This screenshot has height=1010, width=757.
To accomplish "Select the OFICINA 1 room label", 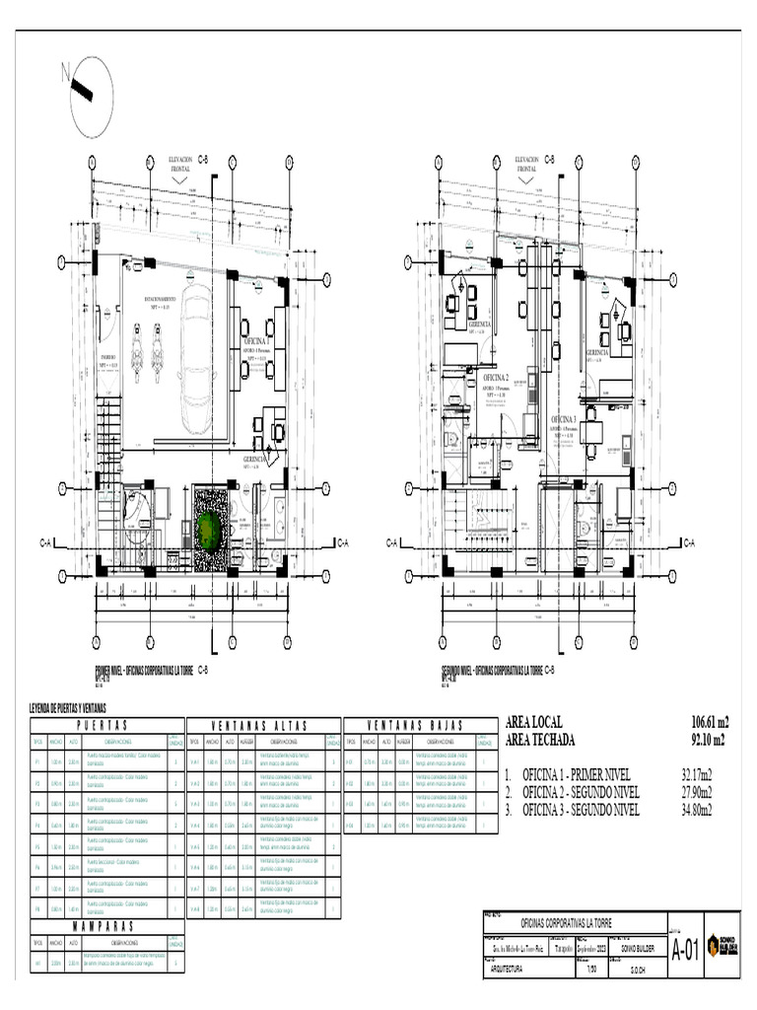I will pos(256,340).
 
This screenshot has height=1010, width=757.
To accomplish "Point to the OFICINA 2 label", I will pos(496,378).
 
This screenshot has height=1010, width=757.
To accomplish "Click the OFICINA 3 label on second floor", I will pos(569,419).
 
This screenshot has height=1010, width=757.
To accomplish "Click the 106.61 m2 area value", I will pos(709,722).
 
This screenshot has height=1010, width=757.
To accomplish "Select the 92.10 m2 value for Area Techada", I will pos(709,739).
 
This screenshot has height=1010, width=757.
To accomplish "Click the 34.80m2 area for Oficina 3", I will pos(697,810).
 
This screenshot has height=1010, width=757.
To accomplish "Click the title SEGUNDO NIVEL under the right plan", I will pos(492,670).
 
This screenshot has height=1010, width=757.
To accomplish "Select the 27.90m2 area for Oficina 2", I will pos(697,792).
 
